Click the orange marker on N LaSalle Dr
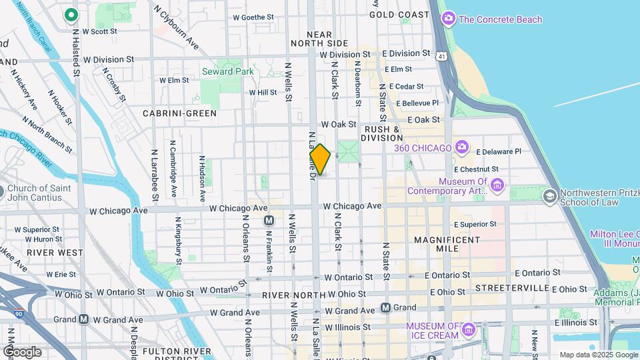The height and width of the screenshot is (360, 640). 320,159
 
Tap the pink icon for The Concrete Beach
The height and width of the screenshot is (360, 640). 449,19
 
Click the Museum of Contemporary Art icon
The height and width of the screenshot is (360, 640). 497,184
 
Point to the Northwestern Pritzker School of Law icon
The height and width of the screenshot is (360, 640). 549,196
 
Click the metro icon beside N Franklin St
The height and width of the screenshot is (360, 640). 269,221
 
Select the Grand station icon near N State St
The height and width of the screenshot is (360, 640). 385,307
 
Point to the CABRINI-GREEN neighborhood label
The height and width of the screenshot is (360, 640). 179,113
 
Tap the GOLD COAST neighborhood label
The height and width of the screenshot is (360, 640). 399,14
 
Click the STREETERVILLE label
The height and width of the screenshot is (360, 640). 512,289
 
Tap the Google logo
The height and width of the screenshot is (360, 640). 22,351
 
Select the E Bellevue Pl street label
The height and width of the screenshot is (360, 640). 417,103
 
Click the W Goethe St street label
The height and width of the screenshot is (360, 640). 253,17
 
